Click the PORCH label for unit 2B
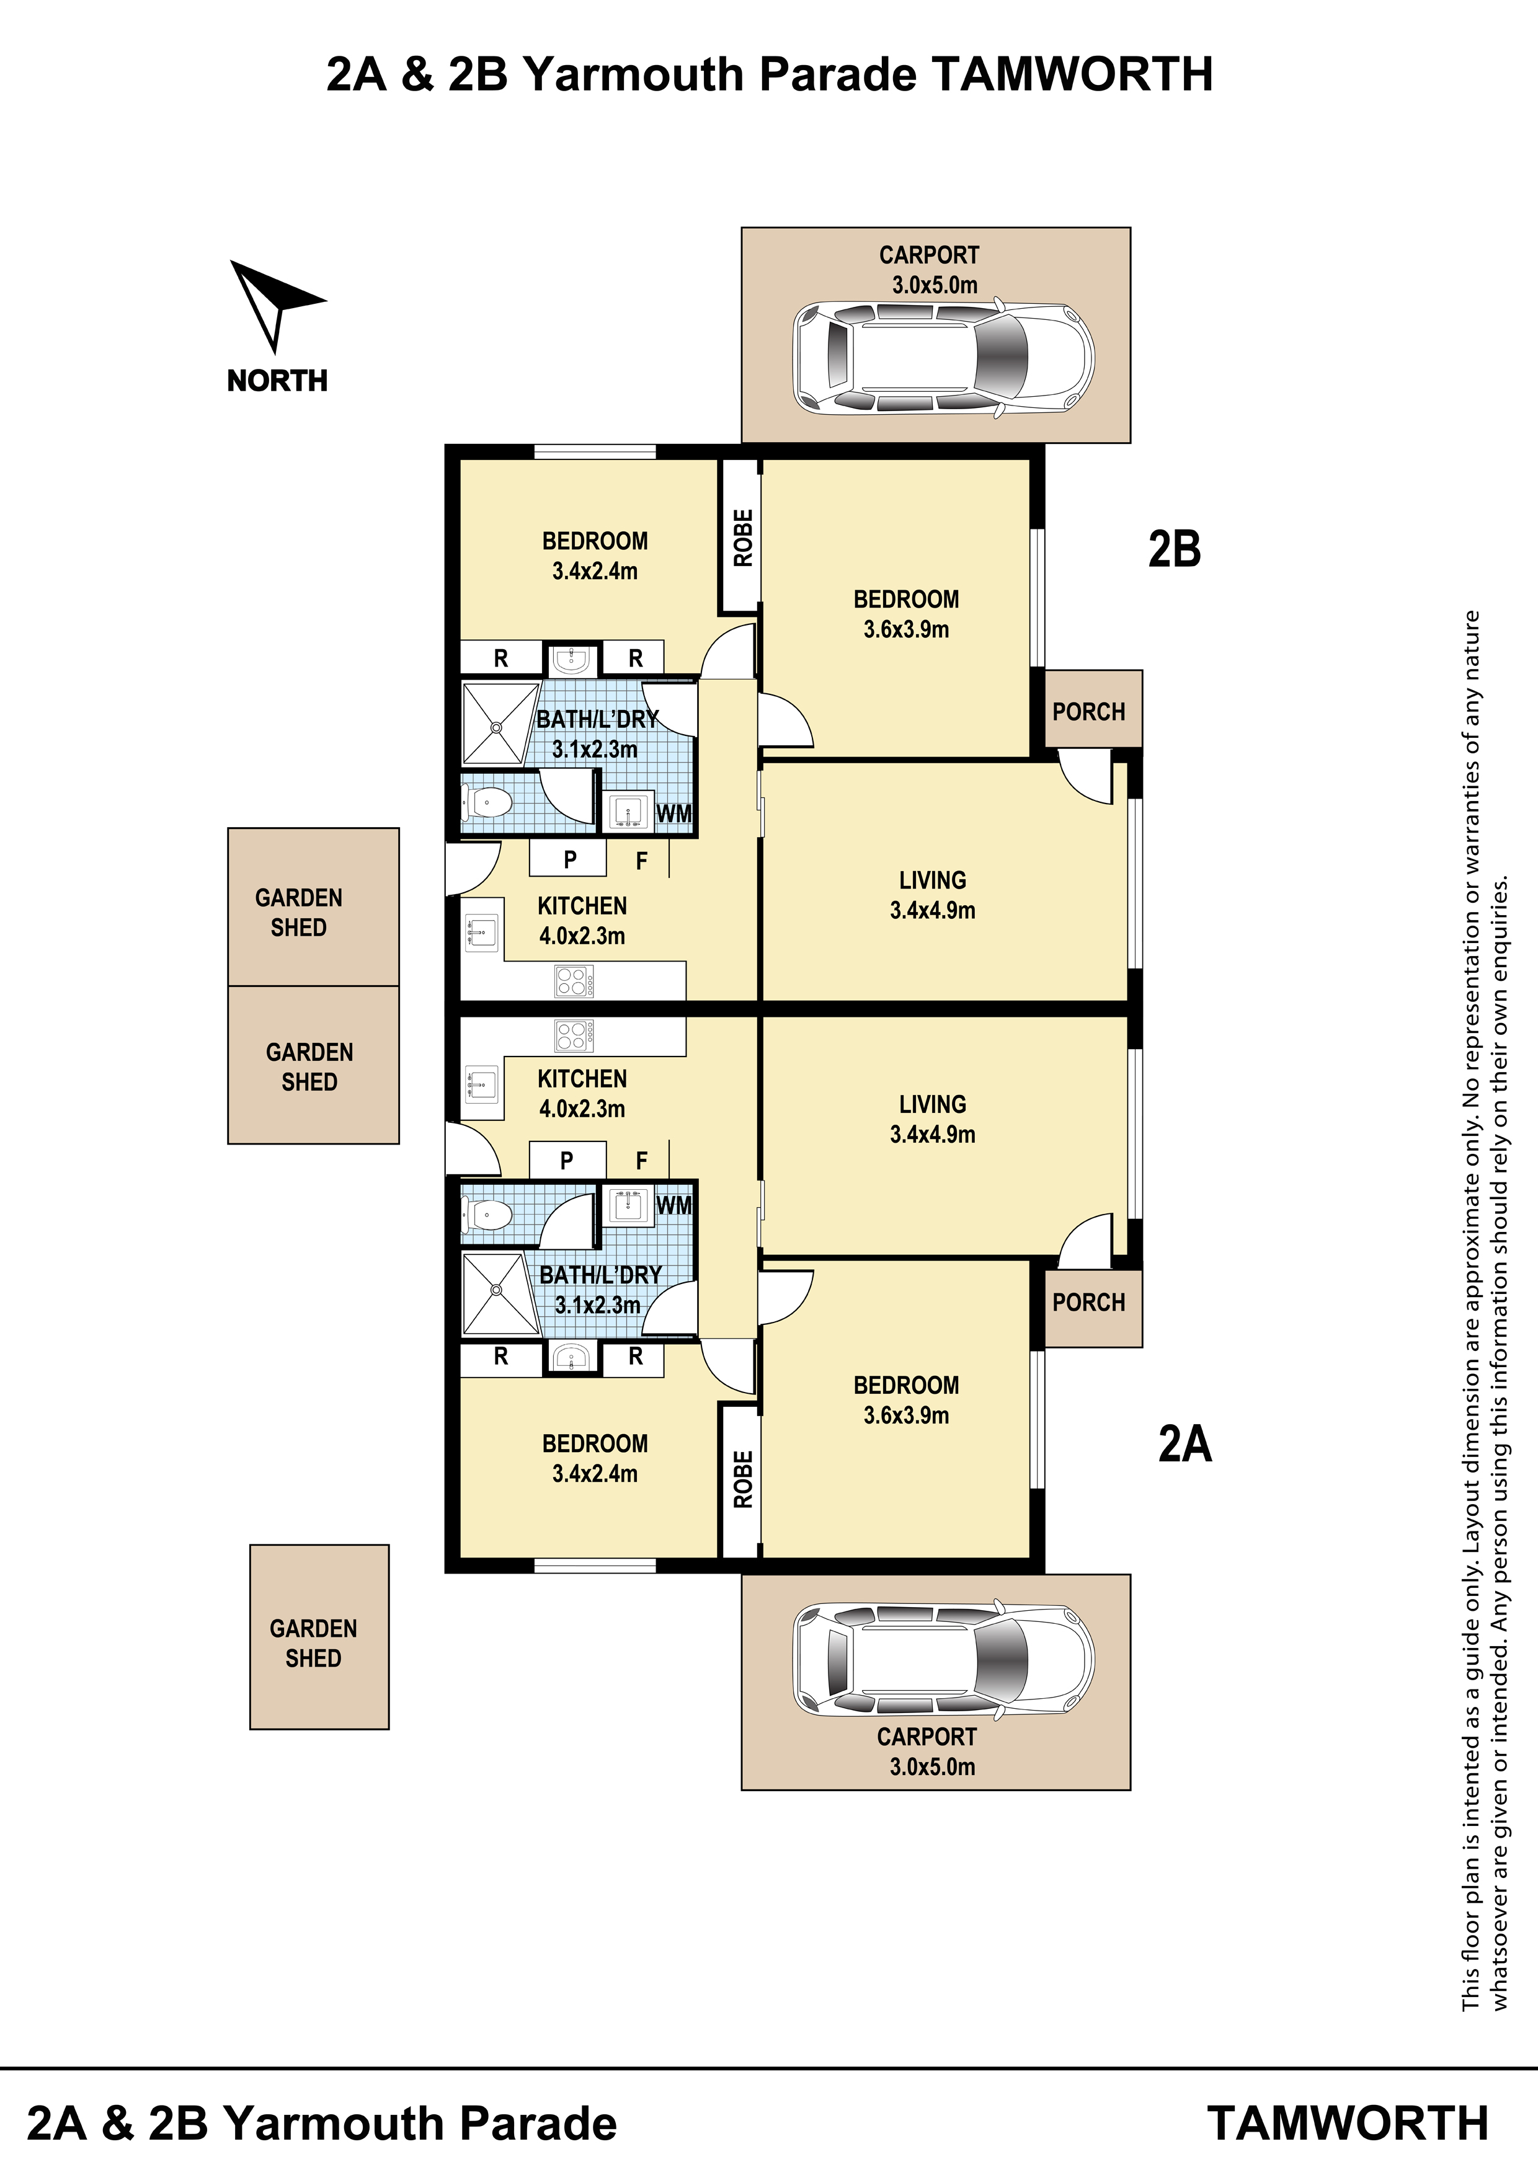pyautogui.click(x=1089, y=711)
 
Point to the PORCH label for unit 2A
pyautogui.click(x=1089, y=1303)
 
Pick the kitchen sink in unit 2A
pyautogui.click(x=481, y=1082)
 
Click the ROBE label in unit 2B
pyautogui.click(x=743, y=538)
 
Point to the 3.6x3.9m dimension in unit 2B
pyautogui.click(x=906, y=629)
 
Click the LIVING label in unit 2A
pyautogui.click(x=933, y=1105)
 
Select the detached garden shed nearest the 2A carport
pyautogui.click(x=319, y=1637)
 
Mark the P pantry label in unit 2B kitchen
pyautogui.click(x=569, y=859)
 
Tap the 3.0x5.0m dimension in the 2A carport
pyautogui.click(x=933, y=1766)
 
